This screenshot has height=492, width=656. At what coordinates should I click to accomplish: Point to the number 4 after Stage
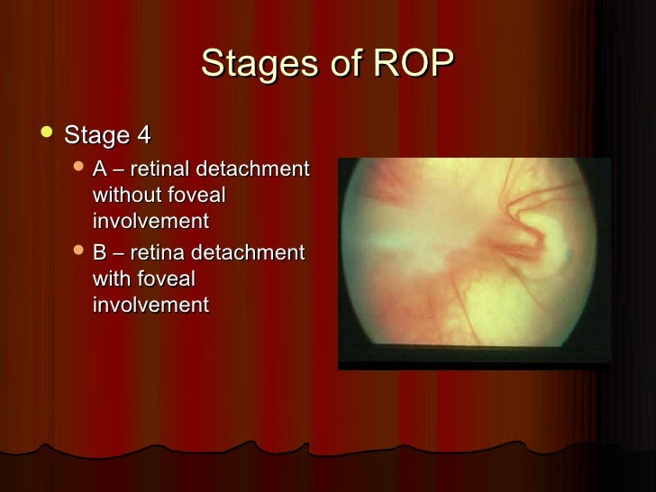click(143, 136)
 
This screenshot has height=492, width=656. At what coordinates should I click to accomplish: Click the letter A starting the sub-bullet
click(99, 169)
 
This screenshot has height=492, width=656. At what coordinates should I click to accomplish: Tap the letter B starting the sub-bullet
click(99, 253)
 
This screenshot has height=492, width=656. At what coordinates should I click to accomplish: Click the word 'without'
click(127, 196)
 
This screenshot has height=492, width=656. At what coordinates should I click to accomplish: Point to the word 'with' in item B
click(112, 279)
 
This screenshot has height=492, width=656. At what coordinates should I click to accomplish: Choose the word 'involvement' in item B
click(150, 305)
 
